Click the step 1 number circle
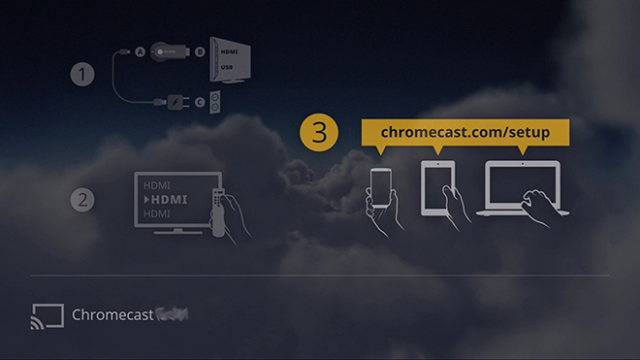click(83, 74)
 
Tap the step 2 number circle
click(83, 200)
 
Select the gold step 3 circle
click(318, 133)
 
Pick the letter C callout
click(200, 99)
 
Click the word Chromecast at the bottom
click(112, 315)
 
